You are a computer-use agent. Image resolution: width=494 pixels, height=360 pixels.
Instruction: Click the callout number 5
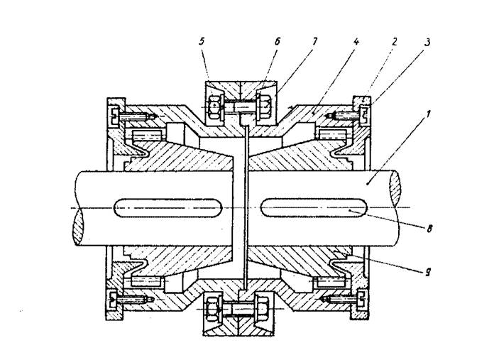(x=202, y=42)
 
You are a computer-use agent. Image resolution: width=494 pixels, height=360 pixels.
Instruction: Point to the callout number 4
(x=356, y=42)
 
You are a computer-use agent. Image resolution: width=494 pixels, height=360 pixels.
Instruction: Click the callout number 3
(x=426, y=42)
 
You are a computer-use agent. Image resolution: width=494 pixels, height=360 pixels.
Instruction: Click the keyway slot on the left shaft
(x=168, y=207)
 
